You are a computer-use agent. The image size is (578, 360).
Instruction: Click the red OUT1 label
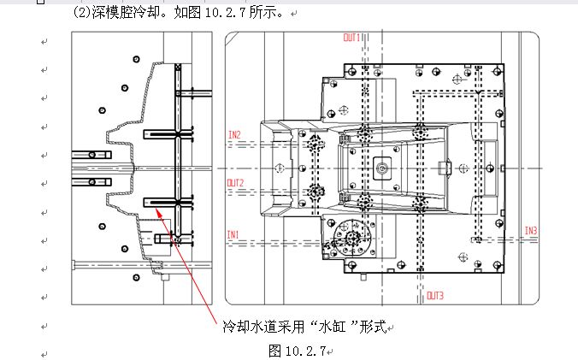[x=351, y=38]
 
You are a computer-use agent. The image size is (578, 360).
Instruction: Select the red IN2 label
[x=234, y=135]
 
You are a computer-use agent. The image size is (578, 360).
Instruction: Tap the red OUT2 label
[x=235, y=183]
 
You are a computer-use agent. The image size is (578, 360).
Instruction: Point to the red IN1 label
[x=233, y=234]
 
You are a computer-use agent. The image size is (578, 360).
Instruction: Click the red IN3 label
[x=531, y=231]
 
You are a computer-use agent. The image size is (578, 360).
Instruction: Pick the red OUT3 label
[x=435, y=296]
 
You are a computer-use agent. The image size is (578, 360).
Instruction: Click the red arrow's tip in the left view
[x=156, y=209]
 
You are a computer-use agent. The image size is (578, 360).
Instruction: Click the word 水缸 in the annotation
[x=333, y=327]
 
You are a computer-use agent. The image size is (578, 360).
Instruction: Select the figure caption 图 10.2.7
[x=297, y=351]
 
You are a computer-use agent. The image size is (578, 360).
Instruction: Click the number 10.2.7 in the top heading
[x=225, y=13]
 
